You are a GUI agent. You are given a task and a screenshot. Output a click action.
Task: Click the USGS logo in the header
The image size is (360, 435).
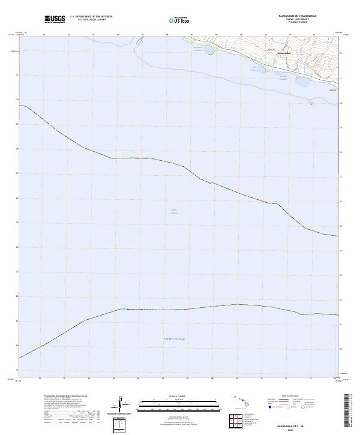(x=55, y=20)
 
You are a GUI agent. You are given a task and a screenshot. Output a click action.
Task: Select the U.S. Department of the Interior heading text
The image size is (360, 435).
(x=91, y=17)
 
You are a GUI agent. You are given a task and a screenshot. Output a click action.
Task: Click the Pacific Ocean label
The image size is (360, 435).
(x=175, y=340)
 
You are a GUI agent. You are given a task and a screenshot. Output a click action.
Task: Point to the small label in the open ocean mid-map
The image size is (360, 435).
(x=175, y=211)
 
